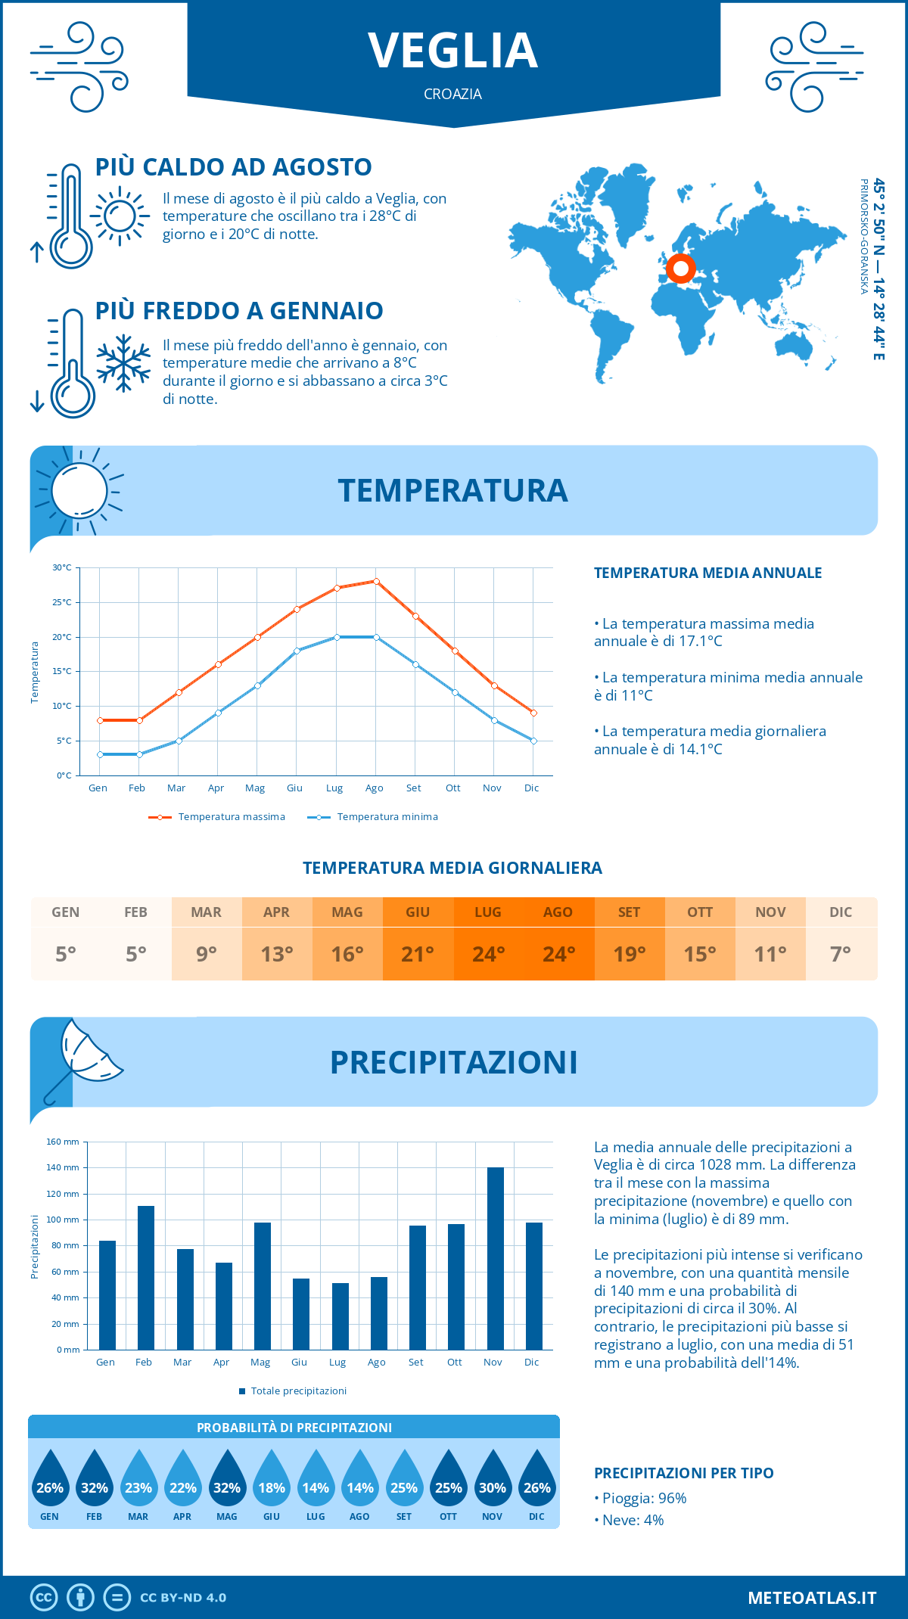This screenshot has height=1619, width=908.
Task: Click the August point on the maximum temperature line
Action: tap(376, 581)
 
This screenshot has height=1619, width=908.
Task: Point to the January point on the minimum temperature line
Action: tap(100, 754)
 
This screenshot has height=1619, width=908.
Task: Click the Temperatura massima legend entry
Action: tap(218, 817)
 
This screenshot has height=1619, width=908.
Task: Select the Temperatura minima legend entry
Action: tap(374, 817)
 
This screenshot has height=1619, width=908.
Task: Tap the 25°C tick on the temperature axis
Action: tap(62, 602)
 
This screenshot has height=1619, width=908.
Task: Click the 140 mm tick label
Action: tap(63, 1167)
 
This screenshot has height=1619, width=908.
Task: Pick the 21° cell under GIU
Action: tap(418, 954)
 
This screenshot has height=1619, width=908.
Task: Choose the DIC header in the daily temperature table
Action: tap(841, 912)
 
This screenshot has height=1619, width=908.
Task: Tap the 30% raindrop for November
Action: tap(493, 1479)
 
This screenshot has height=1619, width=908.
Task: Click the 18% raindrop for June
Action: tap(272, 1479)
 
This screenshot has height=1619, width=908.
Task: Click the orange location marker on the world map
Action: tap(681, 268)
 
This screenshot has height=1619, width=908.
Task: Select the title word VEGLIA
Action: tap(453, 51)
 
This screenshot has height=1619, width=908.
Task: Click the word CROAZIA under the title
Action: tap(453, 94)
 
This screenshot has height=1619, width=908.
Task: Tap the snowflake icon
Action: tap(123, 363)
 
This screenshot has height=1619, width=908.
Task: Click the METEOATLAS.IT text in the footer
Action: tap(812, 1598)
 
